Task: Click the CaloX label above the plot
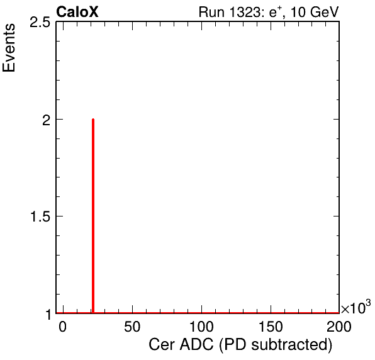[77, 12]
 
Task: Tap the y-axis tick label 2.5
[40, 23]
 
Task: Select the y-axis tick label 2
[47, 121]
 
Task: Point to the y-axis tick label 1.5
[40, 217]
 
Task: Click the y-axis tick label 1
[48, 315]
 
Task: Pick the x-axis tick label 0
[62, 327]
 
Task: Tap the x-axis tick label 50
[132, 327]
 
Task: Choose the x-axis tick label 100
[201, 327]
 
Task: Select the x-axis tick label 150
[271, 327]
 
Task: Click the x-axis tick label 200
[339, 327]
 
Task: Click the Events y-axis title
[9, 48]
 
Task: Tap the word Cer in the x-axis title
[162, 345]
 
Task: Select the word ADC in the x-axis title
[196, 345]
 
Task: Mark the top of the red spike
[93, 119]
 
